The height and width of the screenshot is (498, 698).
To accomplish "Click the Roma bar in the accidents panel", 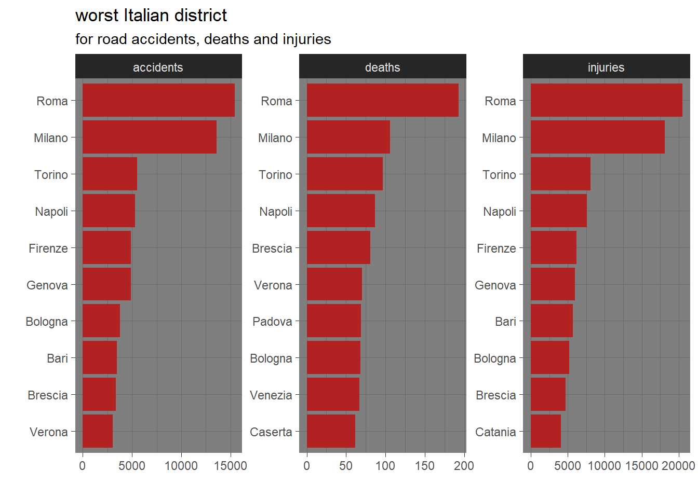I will click(158, 100).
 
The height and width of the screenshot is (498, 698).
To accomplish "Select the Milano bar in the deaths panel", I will click(348, 137).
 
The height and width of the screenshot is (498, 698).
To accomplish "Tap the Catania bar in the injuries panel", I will click(545, 431).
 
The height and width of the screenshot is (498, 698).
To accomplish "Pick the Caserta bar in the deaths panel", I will click(331, 431).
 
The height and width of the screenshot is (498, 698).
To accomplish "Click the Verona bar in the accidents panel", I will click(98, 431).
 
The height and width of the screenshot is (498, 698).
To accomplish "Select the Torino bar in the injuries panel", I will click(560, 174).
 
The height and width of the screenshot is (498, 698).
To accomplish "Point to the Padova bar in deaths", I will click(333, 321).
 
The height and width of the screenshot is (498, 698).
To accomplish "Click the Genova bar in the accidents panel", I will click(106, 284).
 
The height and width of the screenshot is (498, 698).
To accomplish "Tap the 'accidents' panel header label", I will click(158, 67).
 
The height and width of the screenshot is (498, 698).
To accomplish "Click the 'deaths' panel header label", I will click(382, 67).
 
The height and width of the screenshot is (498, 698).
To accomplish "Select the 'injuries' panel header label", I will click(606, 67).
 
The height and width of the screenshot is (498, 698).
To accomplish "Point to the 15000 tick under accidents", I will click(231, 466).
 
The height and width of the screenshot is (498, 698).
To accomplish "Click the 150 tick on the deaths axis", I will click(425, 466).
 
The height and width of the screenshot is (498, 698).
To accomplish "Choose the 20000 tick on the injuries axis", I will click(678, 466).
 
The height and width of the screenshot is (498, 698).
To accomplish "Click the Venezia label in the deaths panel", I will click(271, 395).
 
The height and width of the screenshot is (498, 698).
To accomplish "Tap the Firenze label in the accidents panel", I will click(48, 248).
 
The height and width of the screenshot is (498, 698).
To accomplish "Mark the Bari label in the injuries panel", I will click(505, 322).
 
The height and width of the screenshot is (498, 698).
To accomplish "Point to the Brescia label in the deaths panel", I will click(272, 248).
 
